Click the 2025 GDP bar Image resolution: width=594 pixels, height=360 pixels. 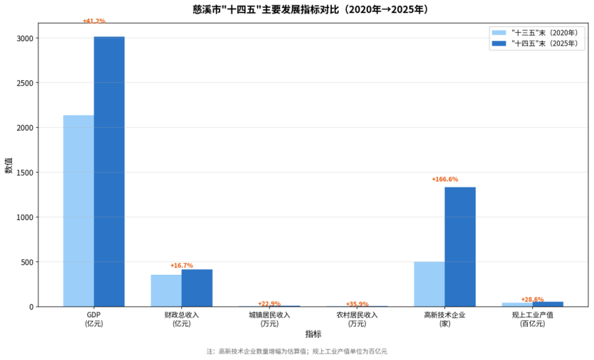coord(109,171)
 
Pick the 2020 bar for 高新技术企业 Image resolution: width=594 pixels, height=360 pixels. coord(429,284)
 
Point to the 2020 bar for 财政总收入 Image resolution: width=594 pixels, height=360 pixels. coord(166,290)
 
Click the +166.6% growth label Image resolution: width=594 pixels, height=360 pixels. coord(445,180)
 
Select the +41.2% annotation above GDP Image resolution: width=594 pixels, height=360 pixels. coord(94,21)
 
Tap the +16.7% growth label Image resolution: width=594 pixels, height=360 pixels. coord(181,266)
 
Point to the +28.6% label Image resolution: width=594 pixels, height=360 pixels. coord(532,300)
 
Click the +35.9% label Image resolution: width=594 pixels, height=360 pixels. coord(357,304)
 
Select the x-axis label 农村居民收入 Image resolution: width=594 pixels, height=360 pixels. coord(357,315)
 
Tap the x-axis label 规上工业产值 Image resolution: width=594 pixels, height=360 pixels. coord(532,315)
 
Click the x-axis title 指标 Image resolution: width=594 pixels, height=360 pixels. coord(313,334)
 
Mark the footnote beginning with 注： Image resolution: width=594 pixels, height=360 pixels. coord(297,351)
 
